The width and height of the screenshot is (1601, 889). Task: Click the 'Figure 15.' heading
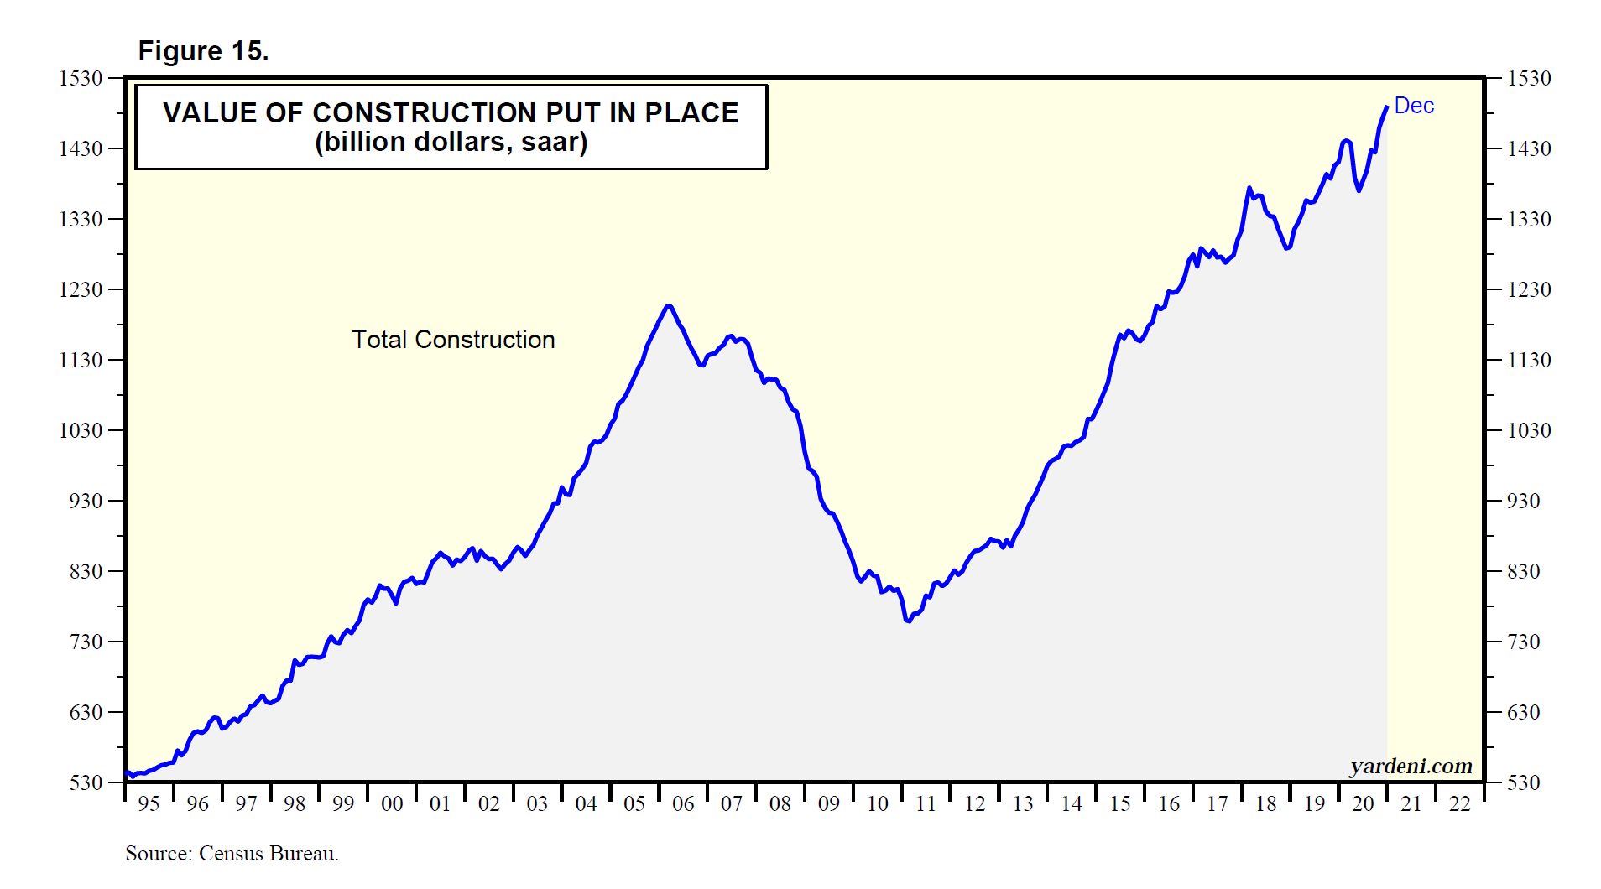(203, 51)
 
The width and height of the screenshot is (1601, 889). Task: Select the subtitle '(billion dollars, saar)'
(451, 142)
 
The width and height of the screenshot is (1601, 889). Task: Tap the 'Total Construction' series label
(453, 340)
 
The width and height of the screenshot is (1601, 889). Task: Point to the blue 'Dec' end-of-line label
(1414, 106)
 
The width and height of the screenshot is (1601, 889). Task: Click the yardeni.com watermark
(1411, 766)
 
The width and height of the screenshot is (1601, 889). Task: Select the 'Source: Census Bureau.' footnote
(232, 854)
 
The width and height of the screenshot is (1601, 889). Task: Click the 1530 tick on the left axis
(81, 78)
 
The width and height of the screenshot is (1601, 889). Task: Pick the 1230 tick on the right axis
(1529, 289)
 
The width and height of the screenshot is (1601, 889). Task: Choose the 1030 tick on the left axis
(81, 430)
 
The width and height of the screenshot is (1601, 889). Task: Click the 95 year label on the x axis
(149, 803)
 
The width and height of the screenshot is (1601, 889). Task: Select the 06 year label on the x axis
(683, 803)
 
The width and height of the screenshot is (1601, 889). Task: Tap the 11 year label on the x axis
(926, 803)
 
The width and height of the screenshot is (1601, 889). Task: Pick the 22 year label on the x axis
(1460, 803)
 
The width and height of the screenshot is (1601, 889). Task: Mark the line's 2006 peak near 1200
(668, 306)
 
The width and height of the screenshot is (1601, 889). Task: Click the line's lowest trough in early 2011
(908, 621)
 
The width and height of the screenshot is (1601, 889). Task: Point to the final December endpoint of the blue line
(1386, 107)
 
